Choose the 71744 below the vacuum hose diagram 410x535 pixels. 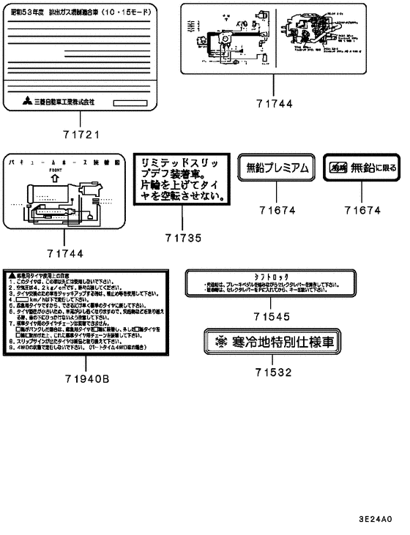pyautogui.click(x=65, y=253)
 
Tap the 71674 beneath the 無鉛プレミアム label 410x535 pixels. pyautogui.click(x=275, y=210)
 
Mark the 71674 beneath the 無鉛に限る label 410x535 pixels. pyautogui.click(x=363, y=210)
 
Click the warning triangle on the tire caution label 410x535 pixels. pyautogui.click(x=10, y=272)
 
